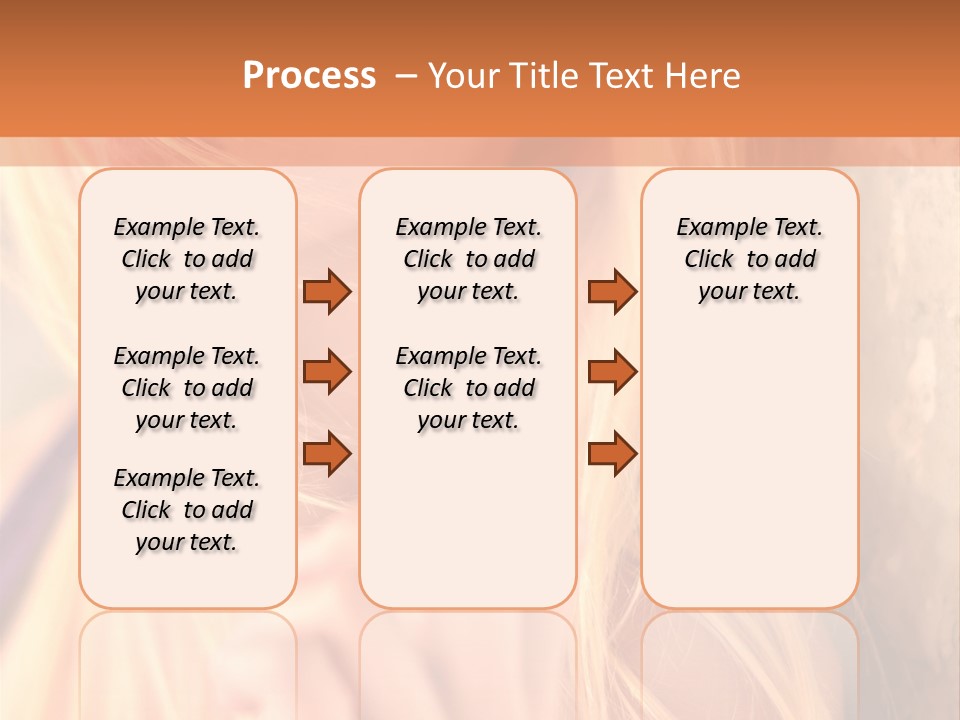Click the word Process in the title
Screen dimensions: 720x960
[309, 76]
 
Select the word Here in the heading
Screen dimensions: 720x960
[705, 76]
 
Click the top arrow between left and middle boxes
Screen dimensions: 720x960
[327, 291]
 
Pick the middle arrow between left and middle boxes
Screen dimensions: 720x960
[327, 372]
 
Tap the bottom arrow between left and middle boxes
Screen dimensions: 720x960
[327, 453]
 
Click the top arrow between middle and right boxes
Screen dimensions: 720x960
[612, 291]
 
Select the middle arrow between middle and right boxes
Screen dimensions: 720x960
[612, 372]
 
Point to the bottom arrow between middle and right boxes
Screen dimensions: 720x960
[612, 453]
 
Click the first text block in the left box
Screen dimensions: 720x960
[187, 259]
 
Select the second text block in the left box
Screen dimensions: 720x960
[187, 388]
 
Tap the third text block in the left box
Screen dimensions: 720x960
[187, 510]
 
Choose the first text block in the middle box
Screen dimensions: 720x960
[468, 259]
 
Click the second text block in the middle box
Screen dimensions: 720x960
[468, 388]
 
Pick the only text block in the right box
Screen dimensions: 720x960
[749, 259]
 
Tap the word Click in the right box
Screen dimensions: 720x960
[709, 260]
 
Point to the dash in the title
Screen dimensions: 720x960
[407, 76]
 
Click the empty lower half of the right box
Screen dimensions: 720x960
[749, 480]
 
